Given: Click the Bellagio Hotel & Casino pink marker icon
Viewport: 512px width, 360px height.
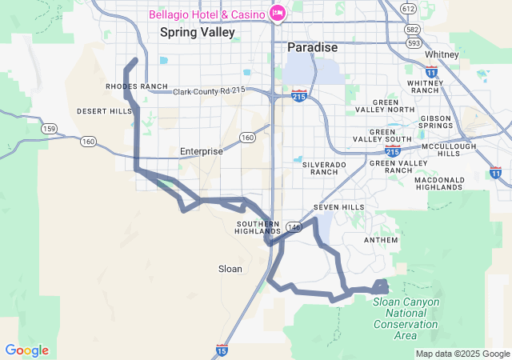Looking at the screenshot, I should (x=278, y=13).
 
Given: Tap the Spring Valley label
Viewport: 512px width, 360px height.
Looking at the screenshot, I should (x=198, y=32).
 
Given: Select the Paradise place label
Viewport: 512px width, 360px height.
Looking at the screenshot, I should (x=312, y=48).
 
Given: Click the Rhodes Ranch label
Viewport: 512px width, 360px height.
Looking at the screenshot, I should (x=136, y=86).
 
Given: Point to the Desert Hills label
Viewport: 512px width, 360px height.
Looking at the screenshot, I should (x=104, y=111).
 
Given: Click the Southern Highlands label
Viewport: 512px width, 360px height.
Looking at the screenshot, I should (x=257, y=227).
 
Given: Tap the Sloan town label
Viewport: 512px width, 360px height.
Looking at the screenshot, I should (x=230, y=269).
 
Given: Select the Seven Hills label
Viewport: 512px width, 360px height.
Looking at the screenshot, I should (x=333, y=207).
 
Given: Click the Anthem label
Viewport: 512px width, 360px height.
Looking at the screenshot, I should (x=380, y=240).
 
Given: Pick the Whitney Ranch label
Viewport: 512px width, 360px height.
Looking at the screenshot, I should (x=424, y=86).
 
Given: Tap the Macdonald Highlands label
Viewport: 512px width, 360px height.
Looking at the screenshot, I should (x=439, y=183).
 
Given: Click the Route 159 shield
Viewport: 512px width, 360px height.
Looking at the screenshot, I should (x=49, y=128).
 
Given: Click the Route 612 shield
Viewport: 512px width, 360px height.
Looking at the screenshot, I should (x=409, y=8).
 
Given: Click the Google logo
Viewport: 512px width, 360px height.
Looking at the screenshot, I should (x=26, y=350).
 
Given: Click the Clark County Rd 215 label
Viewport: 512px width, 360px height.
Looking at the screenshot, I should (x=209, y=91).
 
